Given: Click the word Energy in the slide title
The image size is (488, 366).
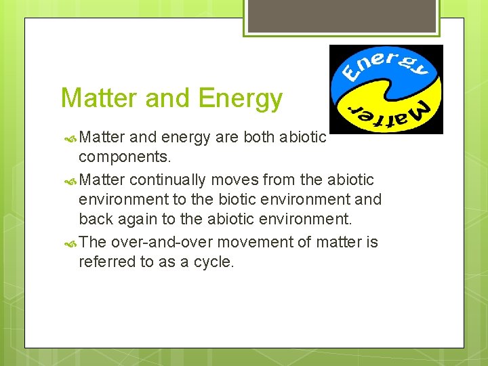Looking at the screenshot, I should [241, 99].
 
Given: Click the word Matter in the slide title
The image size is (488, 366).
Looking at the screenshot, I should [100, 99].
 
